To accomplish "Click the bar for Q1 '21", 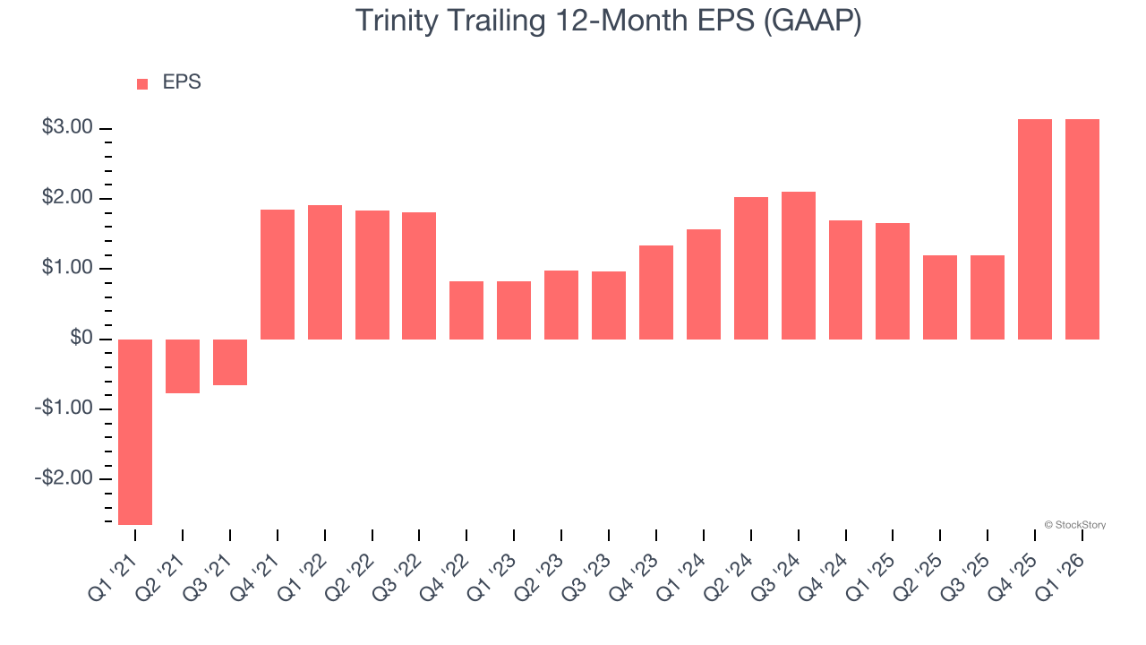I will pos(135,432).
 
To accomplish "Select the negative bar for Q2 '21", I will pos(183,365).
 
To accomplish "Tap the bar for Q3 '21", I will pos(230,362).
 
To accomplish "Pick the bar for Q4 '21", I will pos(278,274).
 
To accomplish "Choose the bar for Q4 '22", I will pos(466,310).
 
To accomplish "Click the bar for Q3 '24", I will pos(799,265).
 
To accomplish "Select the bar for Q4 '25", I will pos(1035,229).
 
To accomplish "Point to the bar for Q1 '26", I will pos(1082,229).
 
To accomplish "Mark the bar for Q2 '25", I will pos(940,297).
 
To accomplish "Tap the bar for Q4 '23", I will pos(656,292).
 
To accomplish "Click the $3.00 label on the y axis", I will pos(68,128).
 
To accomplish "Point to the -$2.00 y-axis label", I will pos(64,478).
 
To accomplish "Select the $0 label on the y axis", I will pos(81,339).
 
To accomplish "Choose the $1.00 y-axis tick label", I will pos(68,269).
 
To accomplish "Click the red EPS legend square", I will pos(142,84).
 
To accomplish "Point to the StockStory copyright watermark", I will pos(1075,525).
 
